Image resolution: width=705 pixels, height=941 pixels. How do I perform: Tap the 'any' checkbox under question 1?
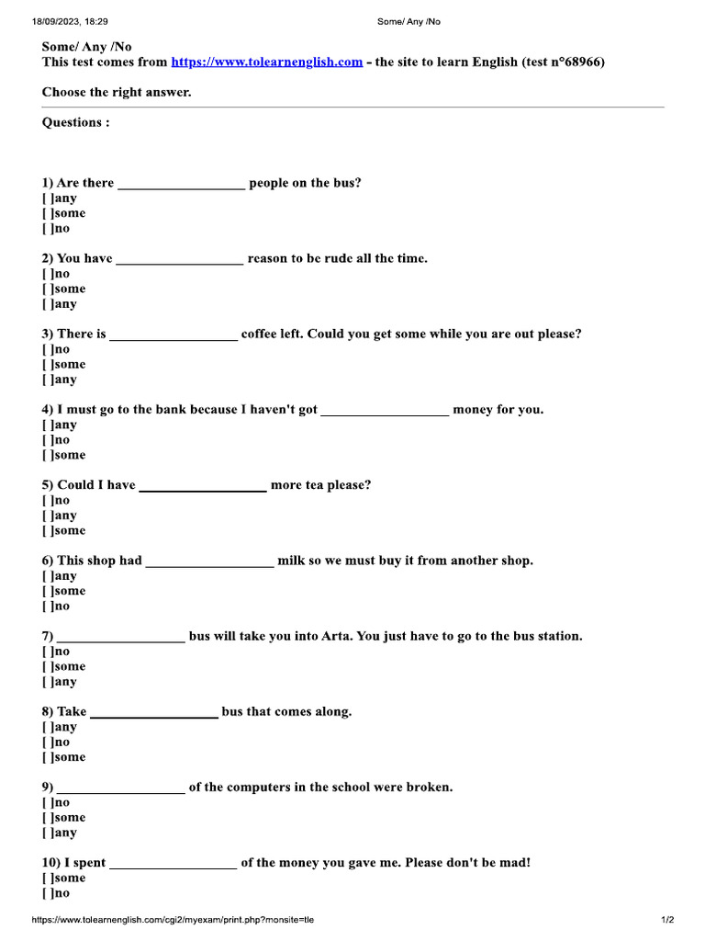(48, 198)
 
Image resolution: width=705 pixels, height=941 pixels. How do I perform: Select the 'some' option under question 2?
(48, 289)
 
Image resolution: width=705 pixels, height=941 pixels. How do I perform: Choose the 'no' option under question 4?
(48, 440)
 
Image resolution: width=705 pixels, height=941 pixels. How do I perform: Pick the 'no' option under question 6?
(48, 607)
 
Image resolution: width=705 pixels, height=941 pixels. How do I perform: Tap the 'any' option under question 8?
(48, 727)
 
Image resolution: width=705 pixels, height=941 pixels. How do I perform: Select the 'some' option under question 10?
(48, 879)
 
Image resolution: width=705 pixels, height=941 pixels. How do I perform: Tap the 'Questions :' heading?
(76, 122)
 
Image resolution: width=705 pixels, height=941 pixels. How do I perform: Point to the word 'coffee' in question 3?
(260, 334)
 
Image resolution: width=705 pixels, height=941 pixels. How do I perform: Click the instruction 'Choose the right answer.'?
(117, 93)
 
